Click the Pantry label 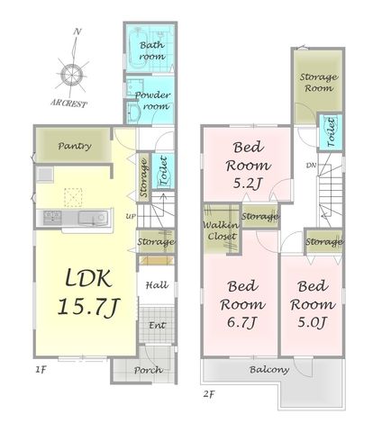(x=75, y=147)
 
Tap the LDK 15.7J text (x=88, y=292)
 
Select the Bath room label (x=152, y=50)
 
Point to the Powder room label (x=152, y=101)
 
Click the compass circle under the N (x=72, y=74)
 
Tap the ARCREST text (x=68, y=103)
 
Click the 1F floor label (x=41, y=370)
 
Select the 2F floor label (x=209, y=393)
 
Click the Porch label (x=149, y=370)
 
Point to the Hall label (x=157, y=285)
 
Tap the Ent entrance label (x=157, y=325)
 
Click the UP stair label (x=131, y=216)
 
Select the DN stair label (x=311, y=165)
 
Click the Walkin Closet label (x=221, y=230)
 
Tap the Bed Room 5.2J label (x=248, y=166)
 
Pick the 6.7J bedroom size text (x=241, y=323)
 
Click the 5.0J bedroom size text (x=312, y=323)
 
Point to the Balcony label (x=269, y=370)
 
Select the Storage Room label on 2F (x=318, y=83)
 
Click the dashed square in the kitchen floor (x=73, y=197)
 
